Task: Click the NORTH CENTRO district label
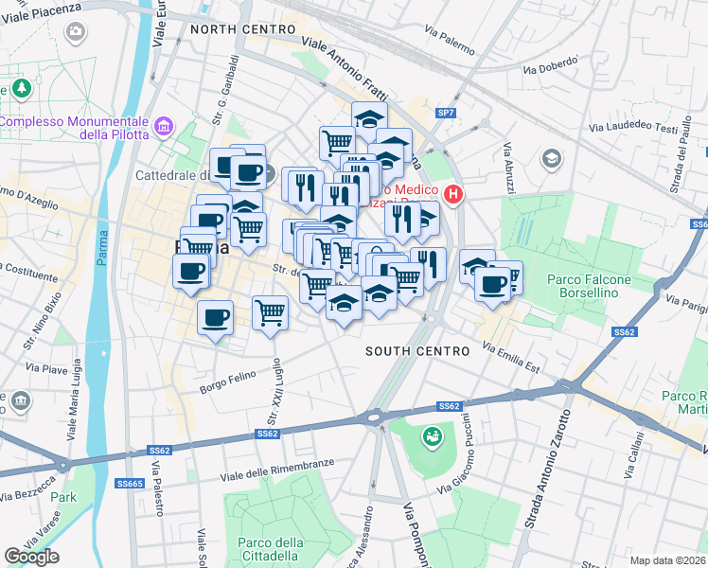pyautogui.click(x=243, y=29)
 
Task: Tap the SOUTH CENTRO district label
pyautogui.click(x=417, y=351)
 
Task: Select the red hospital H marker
pyautogui.click(x=453, y=195)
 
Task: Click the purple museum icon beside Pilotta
pyautogui.click(x=165, y=125)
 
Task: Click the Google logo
pyautogui.click(x=31, y=557)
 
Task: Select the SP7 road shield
pyautogui.click(x=446, y=113)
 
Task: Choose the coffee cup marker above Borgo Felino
pyautogui.click(x=216, y=318)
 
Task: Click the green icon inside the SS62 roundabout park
pyautogui.click(x=432, y=437)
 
